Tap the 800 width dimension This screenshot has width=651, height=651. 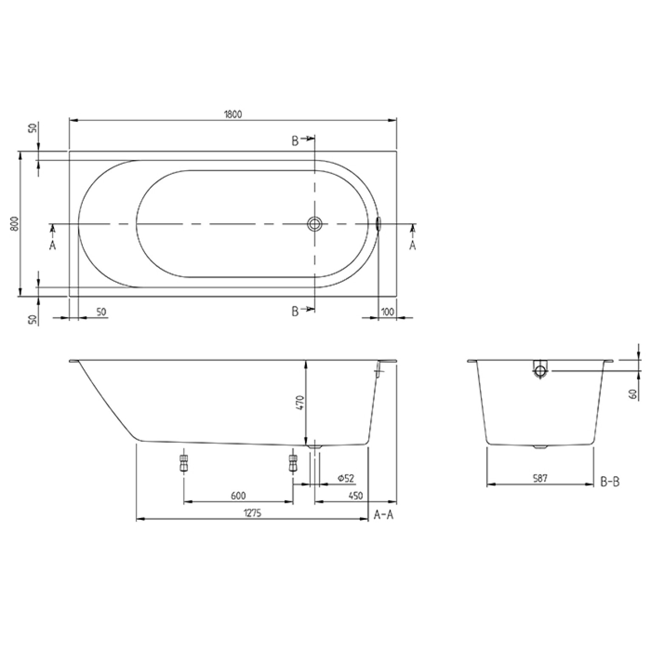pyautogui.click(x=14, y=224)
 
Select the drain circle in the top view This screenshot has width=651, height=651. pyautogui.click(x=314, y=224)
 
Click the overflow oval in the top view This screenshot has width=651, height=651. pyautogui.click(x=379, y=224)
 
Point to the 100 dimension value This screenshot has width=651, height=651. pyautogui.click(x=387, y=312)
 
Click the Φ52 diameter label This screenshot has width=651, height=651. pyautogui.click(x=346, y=478)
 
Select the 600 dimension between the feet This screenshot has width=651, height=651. pyautogui.click(x=238, y=496)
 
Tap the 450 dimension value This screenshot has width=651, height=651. pyautogui.click(x=356, y=496)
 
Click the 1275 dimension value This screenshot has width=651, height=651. pyautogui.click(x=252, y=513)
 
